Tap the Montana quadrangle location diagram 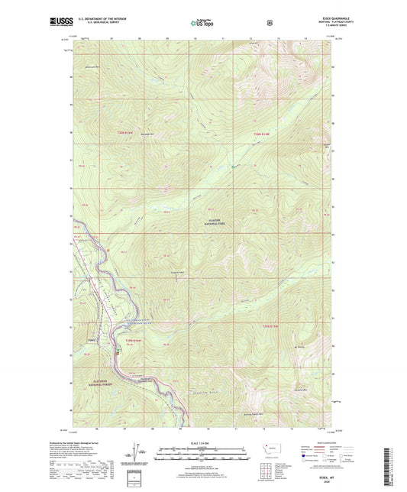click(x=270, y=449)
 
